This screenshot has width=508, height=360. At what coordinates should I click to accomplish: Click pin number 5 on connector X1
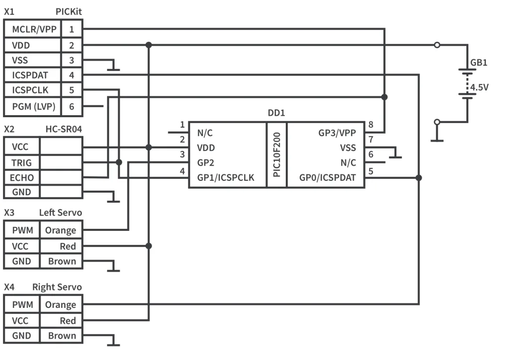(72, 90)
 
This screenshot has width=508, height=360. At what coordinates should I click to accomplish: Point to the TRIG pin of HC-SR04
(22, 162)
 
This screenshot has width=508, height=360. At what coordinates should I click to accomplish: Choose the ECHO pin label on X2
(22, 177)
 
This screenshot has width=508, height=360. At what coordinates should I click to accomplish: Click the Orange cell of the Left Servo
(61, 230)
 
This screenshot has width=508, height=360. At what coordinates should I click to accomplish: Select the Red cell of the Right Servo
(67, 321)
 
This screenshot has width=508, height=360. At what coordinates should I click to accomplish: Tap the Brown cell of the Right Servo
(62, 336)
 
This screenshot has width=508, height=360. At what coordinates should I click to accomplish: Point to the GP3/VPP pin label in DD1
(337, 133)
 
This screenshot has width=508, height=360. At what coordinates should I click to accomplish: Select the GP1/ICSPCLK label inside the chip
(226, 178)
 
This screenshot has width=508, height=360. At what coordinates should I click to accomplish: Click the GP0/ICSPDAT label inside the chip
(328, 178)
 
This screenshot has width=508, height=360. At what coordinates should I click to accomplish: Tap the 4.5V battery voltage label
(480, 87)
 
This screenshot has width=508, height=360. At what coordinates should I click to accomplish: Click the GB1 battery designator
(479, 63)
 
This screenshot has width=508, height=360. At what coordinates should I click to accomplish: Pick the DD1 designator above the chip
(276, 113)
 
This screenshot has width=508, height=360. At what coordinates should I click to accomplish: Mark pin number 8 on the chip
(371, 125)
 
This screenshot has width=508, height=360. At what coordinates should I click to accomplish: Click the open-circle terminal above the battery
(437, 45)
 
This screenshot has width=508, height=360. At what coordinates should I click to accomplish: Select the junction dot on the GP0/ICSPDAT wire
(419, 178)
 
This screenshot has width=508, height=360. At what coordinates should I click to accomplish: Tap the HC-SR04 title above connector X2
(63, 129)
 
